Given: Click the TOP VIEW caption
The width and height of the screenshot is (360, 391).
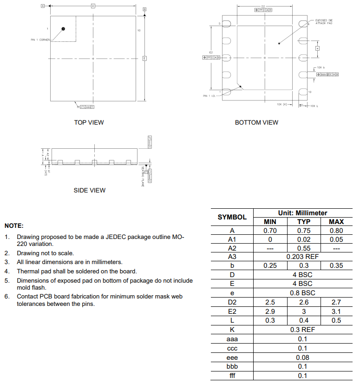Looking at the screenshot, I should (x=89, y=122).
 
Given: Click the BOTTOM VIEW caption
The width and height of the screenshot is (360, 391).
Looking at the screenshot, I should (x=256, y=122).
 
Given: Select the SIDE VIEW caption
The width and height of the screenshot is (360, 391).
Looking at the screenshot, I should (x=89, y=190).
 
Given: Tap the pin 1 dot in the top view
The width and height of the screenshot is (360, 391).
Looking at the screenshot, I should (x=63, y=29).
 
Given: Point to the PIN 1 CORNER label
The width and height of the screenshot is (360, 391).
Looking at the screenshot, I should (x=40, y=40).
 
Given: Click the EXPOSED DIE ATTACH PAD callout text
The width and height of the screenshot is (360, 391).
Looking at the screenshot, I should (x=324, y=22).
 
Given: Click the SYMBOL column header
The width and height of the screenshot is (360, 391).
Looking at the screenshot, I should (x=232, y=217).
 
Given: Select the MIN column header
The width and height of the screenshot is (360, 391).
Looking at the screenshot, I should (x=270, y=222).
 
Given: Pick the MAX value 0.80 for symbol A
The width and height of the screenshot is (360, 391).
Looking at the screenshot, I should (x=336, y=231).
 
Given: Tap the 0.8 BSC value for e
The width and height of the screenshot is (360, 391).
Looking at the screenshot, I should (x=303, y=293).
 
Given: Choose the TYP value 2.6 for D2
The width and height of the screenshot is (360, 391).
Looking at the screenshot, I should (x=304, y=302).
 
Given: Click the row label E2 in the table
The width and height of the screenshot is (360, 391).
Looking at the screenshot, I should (x=232, y=311).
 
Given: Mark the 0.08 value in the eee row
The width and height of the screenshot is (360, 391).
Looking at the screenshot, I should (x=303, y=358).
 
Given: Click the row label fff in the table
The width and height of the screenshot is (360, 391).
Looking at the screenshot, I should (x=232, y=376).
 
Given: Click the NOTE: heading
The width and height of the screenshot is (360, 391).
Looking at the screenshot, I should (x=14, y=225).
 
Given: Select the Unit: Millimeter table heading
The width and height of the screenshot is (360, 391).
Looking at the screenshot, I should (x=303, y=213).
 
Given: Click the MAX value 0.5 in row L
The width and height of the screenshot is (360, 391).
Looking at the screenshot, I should (x=336, y=320).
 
